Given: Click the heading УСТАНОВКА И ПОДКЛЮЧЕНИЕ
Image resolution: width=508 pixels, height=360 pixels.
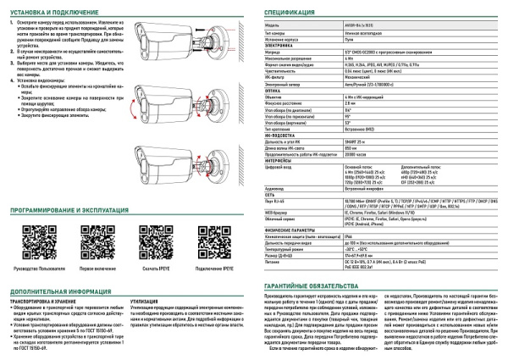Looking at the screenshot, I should point(56,12).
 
